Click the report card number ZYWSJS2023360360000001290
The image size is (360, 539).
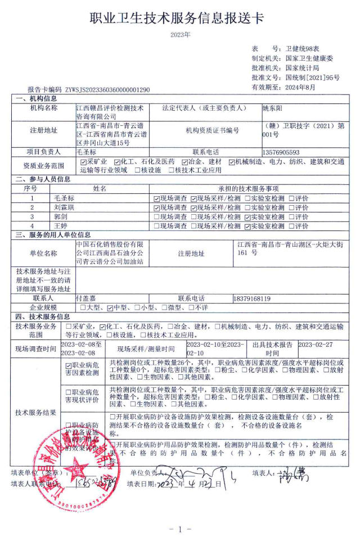pyautogui.click(x=107, y=89)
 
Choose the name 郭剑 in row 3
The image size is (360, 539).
pyautogui.click(x=60, y=216)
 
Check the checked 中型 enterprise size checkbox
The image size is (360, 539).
pyautogui.click(x=111, y=308)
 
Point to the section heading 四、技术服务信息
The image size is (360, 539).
pyautogui.click(x=46, y=317)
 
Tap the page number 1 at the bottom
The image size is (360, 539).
pyautogui.click(x=180, y=529)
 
